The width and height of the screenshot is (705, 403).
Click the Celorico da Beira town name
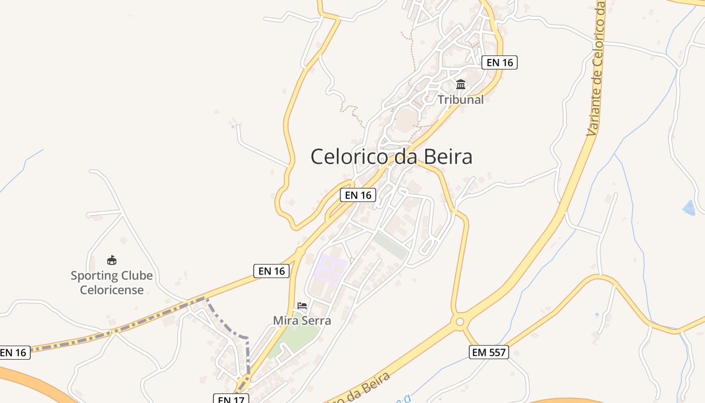click(391, 157)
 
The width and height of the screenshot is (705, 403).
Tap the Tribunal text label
click(460, 100)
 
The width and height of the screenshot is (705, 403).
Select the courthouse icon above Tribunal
click(461, 84)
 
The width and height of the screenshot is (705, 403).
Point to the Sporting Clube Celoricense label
click(112, 283)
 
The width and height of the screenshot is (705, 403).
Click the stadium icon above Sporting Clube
click(112, 260)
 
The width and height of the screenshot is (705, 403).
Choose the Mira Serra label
click(302, 320)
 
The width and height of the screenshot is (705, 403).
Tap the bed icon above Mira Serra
click(302, 305)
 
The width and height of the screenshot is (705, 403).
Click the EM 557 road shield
click(488, 352)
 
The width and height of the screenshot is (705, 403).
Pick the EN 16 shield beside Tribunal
click(500, 62)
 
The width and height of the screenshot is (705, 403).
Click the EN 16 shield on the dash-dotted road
click(14, 353)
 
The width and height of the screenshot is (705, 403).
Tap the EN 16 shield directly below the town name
click(358, 195)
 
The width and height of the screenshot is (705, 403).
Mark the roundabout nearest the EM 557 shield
click(459, 321)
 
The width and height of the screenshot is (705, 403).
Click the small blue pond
click(688, 208)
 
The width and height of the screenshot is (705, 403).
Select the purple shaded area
click(330, 268)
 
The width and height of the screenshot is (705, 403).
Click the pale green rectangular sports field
click(391, 245)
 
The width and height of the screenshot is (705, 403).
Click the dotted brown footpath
click(352, 113)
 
